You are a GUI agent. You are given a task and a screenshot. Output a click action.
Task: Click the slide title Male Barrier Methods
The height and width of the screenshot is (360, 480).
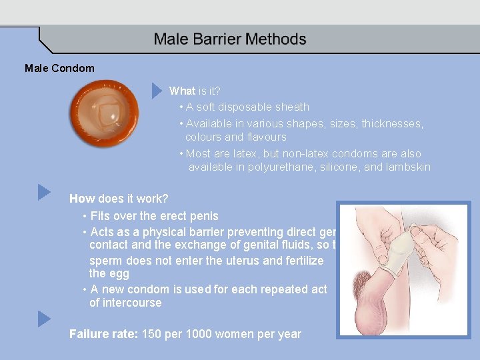230,39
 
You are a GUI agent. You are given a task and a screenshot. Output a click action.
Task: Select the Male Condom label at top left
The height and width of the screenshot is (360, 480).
59,68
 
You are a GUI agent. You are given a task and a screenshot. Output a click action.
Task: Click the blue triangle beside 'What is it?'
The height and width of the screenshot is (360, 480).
157,90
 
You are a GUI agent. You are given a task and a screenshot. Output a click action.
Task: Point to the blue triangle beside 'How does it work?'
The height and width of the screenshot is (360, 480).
44,192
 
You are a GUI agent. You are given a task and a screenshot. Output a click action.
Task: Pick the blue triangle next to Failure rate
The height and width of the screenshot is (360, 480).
44,319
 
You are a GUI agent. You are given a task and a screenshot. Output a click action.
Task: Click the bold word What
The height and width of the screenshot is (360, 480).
182,91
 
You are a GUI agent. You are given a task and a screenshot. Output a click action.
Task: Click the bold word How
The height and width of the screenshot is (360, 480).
82,199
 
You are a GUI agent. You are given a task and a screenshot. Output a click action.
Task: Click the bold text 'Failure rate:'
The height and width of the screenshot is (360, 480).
104,334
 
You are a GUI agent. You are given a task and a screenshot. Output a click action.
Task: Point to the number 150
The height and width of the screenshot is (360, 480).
152,334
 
